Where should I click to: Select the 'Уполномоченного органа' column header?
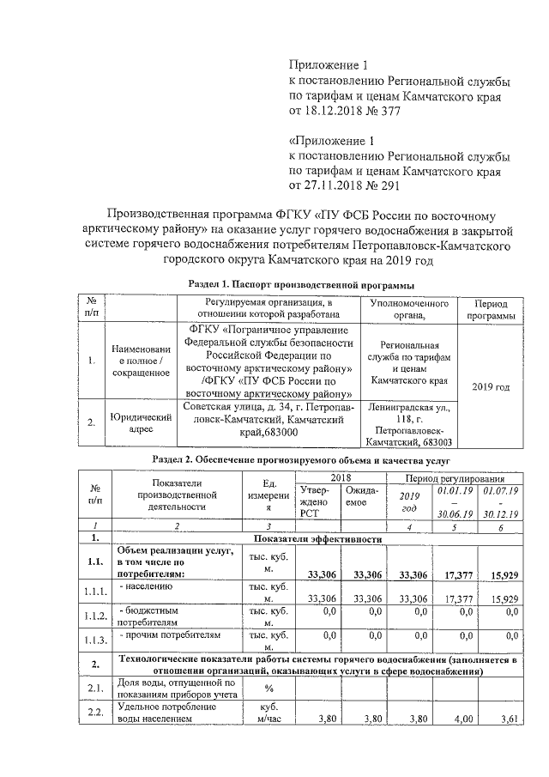coord(409,310)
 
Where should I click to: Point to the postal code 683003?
coord(435,442)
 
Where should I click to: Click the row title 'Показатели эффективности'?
coord(317,539)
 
